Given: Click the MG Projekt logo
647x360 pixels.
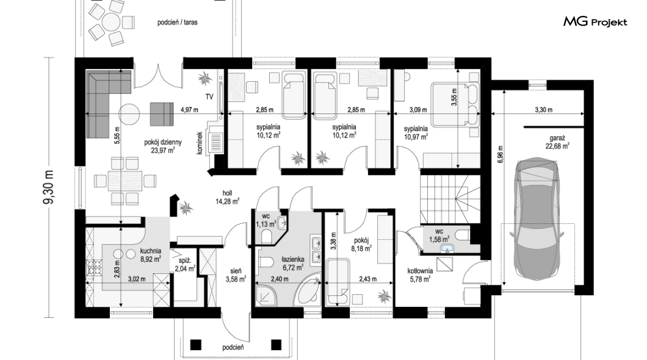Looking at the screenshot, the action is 595,22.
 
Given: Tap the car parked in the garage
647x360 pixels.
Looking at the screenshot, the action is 537,218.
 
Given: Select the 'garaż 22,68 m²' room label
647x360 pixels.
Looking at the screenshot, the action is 557,142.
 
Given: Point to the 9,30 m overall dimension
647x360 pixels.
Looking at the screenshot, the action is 49,187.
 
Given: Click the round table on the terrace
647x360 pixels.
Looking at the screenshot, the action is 111,21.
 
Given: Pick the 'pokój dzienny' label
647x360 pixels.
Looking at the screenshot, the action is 162,142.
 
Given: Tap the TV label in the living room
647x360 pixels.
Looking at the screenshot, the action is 209,96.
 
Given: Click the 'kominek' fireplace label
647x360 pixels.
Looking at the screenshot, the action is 200,143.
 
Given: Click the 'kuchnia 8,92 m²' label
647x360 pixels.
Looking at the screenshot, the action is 151,255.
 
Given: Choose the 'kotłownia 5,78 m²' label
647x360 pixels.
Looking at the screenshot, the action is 420,275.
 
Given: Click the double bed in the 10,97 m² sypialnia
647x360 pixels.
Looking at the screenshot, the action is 455,104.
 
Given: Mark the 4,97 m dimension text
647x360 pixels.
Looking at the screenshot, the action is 189,110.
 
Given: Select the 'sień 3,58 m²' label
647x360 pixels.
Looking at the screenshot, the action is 236,275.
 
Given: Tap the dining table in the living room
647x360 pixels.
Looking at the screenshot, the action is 125,181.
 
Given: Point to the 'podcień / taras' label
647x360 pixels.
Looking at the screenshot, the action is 178,22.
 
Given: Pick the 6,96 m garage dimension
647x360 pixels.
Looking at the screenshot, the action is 500,154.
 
